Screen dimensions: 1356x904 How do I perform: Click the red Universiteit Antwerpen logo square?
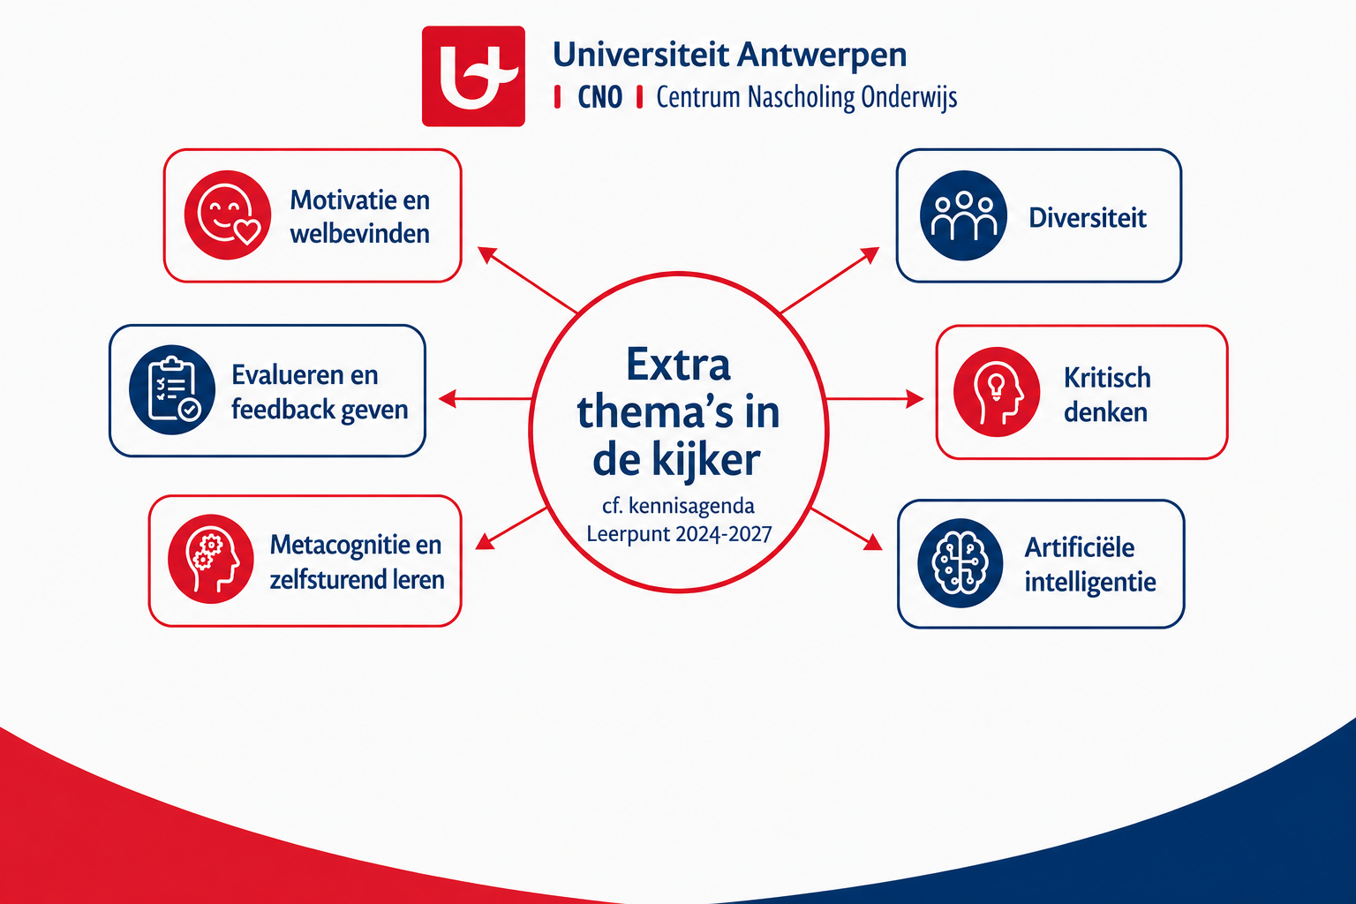(473, 76)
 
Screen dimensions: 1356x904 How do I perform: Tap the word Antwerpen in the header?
(822, 56)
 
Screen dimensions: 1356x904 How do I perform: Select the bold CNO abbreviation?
(600, 97)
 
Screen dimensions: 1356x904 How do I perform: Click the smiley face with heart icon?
(228, 215)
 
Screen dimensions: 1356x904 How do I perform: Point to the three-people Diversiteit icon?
(963, 215)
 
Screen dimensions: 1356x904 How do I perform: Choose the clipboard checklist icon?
(172, 390)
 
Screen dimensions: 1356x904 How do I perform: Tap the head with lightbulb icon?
(997, 392)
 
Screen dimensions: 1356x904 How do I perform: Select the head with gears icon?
(211, 559)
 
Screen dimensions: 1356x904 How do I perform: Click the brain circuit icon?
(960, 563)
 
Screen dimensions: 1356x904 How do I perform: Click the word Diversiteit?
(1088, 218)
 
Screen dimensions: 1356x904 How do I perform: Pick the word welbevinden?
(360, 234)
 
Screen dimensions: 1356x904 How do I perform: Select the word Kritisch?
(1107, 378)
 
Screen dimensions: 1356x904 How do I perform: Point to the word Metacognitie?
(342, 545)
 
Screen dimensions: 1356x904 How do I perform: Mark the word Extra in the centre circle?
(678, 365)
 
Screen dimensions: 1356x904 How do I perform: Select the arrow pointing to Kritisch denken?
(875, 399)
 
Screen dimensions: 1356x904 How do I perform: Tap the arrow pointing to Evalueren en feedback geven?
(485, 399)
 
